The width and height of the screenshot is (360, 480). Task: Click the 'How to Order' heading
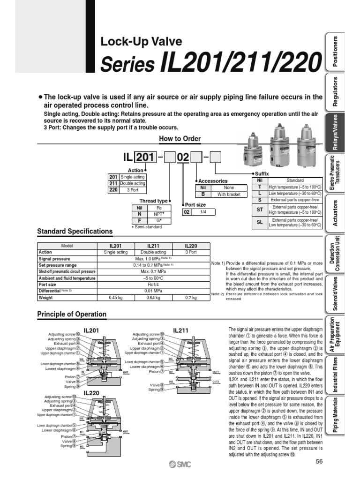click(x=180, y=138)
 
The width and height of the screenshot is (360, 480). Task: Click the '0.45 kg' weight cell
click(x=115, y=297)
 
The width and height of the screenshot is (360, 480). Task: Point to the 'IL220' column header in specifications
click(x=191, y=246)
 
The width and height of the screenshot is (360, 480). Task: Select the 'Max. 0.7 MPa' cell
click(x=153, y=271)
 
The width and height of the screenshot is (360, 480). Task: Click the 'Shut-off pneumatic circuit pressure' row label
click(x=67, y=271)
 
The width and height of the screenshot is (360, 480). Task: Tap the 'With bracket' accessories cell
click(x=228, y=194)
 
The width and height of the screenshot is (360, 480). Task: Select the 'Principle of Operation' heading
click(x=72, y=314)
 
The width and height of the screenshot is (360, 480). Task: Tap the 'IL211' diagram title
click(x=180, y=330)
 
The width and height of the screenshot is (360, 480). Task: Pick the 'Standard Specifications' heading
click(x=75, y=231)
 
